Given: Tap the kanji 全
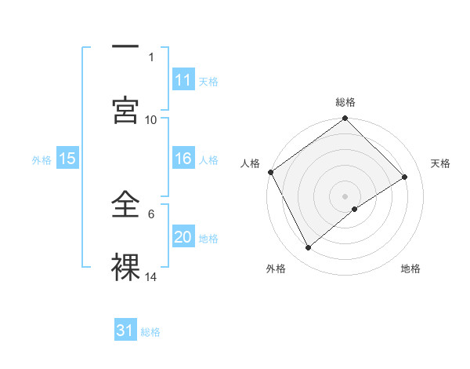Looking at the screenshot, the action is pyautogui.click(x=125, y=206).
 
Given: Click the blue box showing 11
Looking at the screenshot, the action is pyautogui.click(x=183, y=80).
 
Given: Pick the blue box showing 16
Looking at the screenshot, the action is pyautogui.click(x=183, y=159).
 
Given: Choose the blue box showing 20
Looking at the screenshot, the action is pyautogui.click(x=183, y=237).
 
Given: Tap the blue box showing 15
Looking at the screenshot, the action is pyautogui.click(x=67, y=159).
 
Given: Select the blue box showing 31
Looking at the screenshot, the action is pyautogui.click(x=125, y=331).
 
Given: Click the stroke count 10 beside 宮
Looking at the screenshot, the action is pyautogui.click(x=151, y=119).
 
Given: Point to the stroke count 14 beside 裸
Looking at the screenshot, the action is pyautogui.click(x=151, y=276).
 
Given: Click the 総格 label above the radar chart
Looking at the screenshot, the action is pyautogui.click(x=345, y=102).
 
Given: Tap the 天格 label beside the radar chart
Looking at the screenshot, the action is pyautogui.click(x=441, y=163).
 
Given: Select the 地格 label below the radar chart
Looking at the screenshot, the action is pyautogui.click(x=410, y=269).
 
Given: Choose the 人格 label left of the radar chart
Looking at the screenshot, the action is pyautogui.click(x=250, y=163).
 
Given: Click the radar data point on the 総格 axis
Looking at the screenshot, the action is pyautogui.click(x=345, y=119).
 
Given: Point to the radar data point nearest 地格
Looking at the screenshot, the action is pyautogui.click(x=356, y=209).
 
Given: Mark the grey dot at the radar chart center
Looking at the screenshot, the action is pyautogui.click(x=345, y=195).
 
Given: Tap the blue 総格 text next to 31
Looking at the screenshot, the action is pyautogui.click(x=150, y=332).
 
